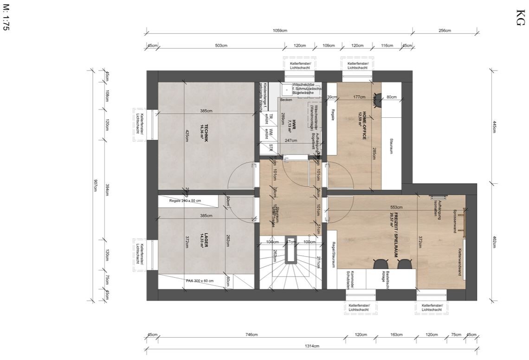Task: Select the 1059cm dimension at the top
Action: pyautogui.click(x=280, y=31)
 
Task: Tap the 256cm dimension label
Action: pyautogui.click(x=445, y=31)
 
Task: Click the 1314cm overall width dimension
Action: pyautogui.click(x=312, y=346)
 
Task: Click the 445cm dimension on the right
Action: pyautogui.click(x=495, y=127)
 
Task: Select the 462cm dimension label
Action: pyautogui.click(x=495, y=242)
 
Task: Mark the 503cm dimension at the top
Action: pyautogui.click(x=221, y=45)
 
